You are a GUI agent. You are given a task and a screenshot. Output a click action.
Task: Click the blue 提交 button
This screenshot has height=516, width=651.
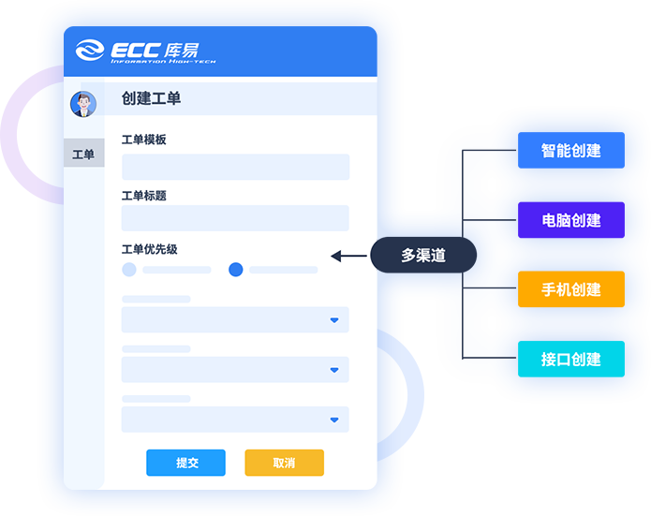click(185, 463)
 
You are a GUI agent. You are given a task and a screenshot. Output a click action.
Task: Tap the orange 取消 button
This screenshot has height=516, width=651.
click(284, 463)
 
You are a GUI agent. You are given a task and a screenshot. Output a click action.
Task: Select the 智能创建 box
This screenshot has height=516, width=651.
click(570, 151)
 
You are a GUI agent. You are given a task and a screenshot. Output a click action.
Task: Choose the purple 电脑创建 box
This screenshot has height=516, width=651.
click(570, 220)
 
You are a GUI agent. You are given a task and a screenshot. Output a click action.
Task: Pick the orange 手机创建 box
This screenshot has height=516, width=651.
click(570, 289)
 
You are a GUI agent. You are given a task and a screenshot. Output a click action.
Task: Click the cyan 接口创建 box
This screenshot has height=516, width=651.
click(570, 359)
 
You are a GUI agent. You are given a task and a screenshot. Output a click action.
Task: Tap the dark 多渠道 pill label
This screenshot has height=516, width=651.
click(423, 255)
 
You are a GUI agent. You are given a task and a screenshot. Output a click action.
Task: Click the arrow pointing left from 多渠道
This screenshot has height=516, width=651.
click(348, 255)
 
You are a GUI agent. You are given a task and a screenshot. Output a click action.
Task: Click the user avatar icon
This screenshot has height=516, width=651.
click(83, 103)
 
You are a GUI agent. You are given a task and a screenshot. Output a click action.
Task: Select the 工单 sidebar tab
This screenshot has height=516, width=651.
click(83, 154)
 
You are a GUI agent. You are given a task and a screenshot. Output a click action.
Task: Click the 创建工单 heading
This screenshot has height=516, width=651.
click(152, 98)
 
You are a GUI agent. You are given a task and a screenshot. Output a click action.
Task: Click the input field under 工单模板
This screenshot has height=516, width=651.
click(235, 167)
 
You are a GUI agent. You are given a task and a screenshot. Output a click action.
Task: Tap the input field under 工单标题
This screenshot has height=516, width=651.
click(235, 218)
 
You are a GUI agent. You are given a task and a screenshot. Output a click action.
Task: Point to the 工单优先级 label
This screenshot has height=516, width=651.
click(150, 249)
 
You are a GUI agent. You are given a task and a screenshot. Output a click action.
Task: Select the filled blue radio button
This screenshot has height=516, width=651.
click(236, 270)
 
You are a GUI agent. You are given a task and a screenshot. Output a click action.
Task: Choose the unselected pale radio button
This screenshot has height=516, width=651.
click(129, 270)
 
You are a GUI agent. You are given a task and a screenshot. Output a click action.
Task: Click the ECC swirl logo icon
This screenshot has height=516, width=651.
click(90, 51)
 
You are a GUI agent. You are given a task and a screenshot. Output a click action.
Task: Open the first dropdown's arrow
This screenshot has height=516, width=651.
click(333, 320)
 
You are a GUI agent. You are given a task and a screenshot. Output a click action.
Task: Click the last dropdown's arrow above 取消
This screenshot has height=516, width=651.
click(333, 420)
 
